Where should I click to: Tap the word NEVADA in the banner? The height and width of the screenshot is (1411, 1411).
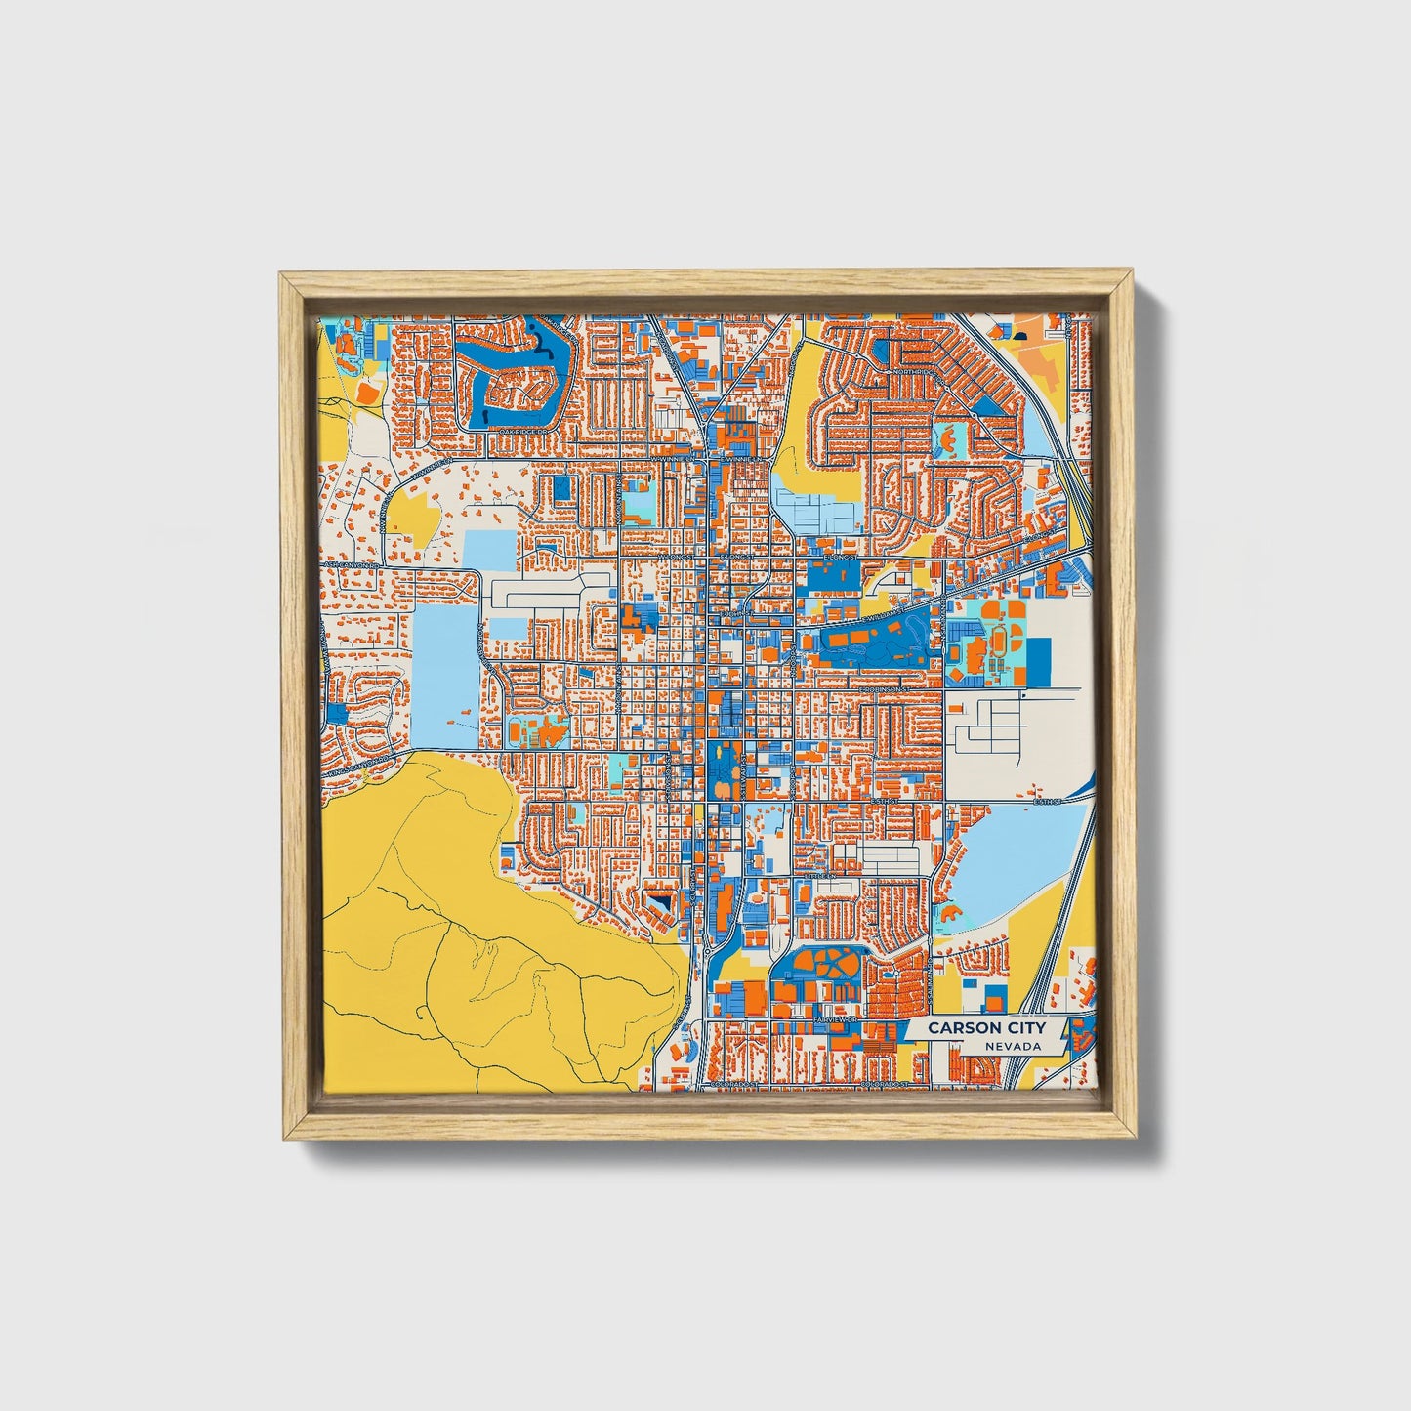[x=1011, y=1046]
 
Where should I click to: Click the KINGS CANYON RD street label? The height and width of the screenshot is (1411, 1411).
[x=359, y=765]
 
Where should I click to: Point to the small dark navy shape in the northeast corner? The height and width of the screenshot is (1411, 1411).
[x=1020, y=336]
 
